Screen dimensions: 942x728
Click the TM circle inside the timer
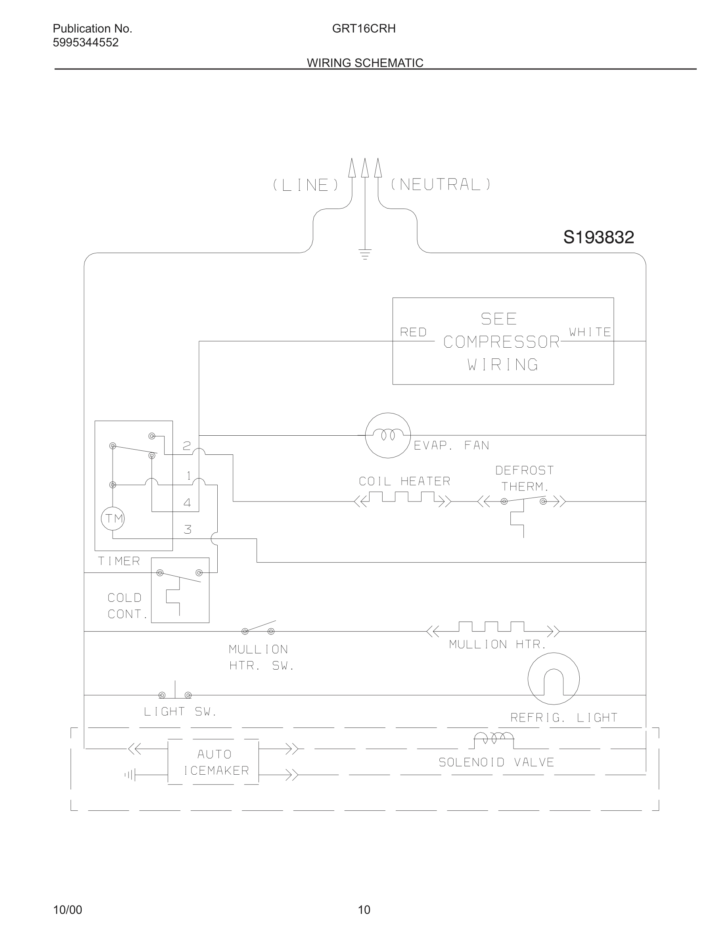113,519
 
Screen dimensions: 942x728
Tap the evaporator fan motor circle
387,435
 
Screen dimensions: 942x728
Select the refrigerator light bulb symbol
553,679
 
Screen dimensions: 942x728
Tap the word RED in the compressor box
413,332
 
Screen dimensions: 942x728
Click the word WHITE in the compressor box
590,332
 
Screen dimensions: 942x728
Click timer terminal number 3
188,530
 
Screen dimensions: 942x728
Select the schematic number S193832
598,237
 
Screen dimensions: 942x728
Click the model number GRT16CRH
364,29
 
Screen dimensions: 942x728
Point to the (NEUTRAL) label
441,185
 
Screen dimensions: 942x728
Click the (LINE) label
306,186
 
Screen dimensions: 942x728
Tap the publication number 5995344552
85,43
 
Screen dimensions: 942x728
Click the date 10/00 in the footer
67,909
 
